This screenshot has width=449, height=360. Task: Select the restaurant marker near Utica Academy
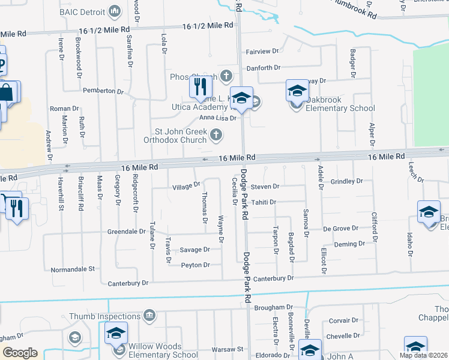click(199, 88)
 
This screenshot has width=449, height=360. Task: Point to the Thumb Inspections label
click(113, 316)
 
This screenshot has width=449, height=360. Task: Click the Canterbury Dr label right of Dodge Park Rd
click(273, 278)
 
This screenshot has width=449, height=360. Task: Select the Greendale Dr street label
click(126, 231)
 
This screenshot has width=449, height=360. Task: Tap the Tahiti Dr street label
click(264, 202)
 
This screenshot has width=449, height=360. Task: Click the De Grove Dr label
click(340, 229)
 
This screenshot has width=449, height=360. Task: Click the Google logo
click(20, 353)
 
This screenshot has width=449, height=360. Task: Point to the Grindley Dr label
click(347, 181)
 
